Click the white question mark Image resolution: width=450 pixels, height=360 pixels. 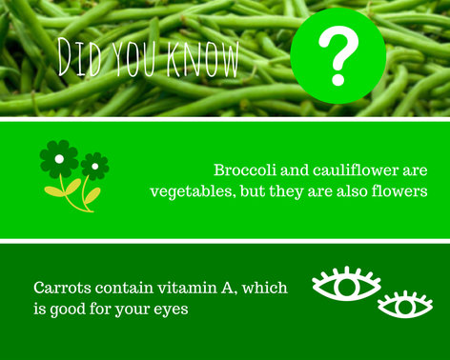[x=337, y=54]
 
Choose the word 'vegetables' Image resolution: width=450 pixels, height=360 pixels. [x=188, y=190]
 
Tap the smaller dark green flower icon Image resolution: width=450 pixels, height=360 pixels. [x=94, y=167]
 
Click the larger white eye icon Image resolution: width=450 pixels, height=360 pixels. [x=346, y=284]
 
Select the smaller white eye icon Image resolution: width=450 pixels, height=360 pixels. [x=405, y=305]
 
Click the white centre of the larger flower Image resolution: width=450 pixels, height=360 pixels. [x=58, y=156]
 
